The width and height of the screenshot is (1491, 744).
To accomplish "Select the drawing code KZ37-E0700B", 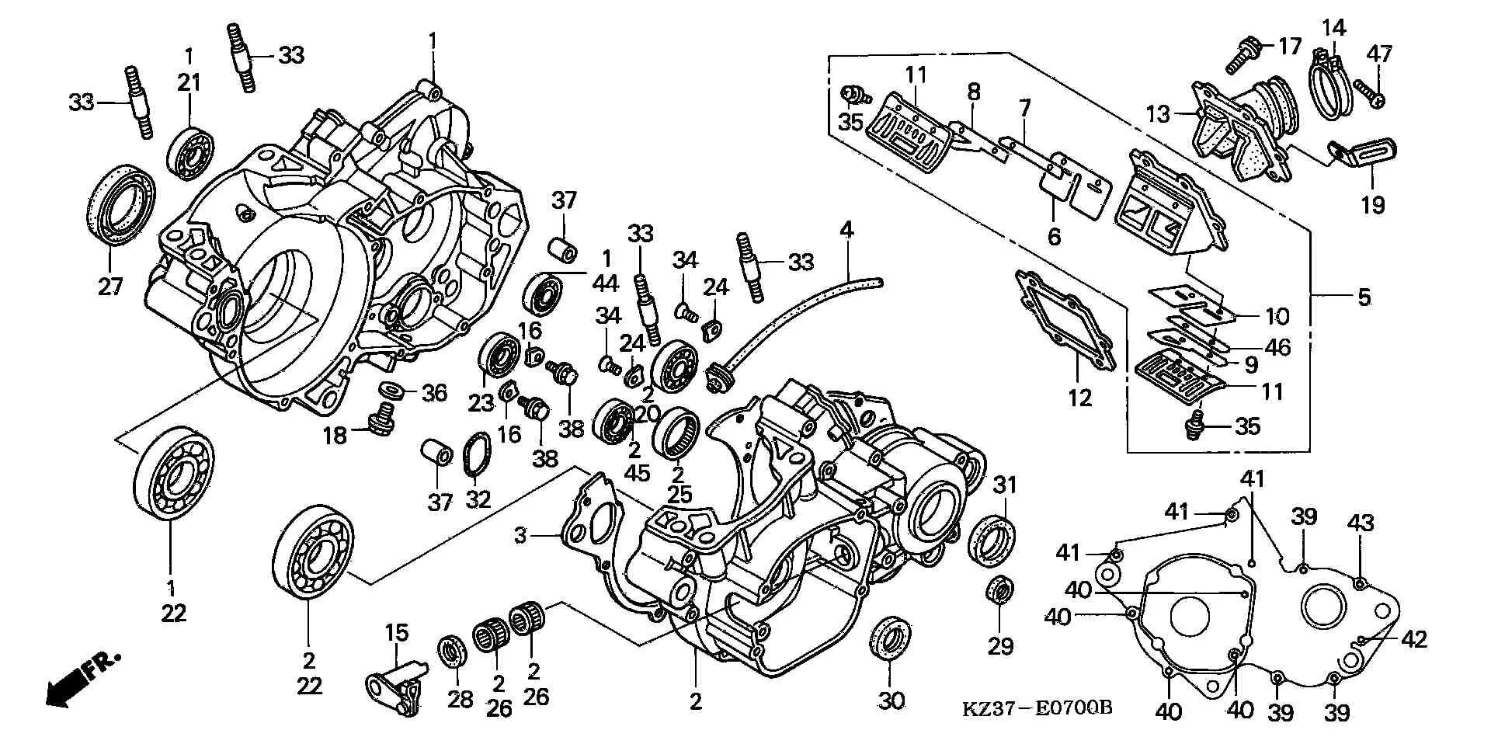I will click(x=1037, y=708).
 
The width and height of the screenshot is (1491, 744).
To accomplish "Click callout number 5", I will click(x=1364, y=297).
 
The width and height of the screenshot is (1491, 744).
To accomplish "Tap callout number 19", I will click(x=1372, y=205).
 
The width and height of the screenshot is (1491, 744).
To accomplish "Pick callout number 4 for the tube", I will click(x=846, y=230).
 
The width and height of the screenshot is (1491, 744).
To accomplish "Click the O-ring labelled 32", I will click(x=476, y=454).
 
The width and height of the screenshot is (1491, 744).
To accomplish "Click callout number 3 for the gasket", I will click(x=520, y=535).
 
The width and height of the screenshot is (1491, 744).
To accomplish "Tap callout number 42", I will click(x=1415, y=639).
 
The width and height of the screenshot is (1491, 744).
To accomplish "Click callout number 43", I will click(x=1361, y=523).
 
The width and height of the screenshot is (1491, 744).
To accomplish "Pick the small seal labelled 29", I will click(x=999, y=591).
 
